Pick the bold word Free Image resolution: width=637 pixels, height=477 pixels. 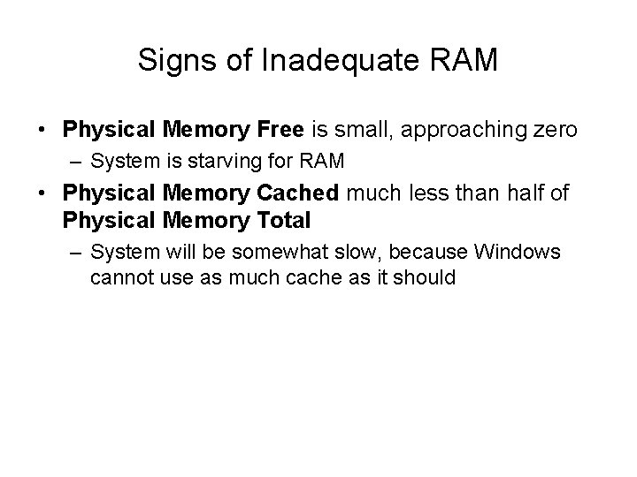(275, 130)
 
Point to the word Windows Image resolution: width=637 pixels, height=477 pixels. (518, 253)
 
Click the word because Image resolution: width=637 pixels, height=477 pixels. (429, 253)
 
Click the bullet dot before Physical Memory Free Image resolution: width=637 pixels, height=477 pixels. (43, 131)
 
